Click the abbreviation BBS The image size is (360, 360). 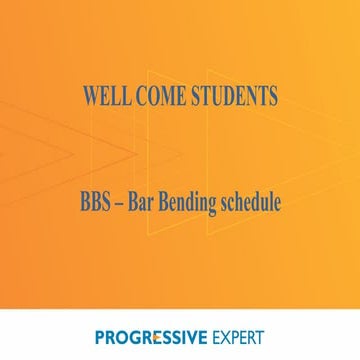(97, 201)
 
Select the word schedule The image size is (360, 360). (253, 201)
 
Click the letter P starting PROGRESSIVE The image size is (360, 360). (101, 335)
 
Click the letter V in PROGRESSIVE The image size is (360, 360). (194, 335)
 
